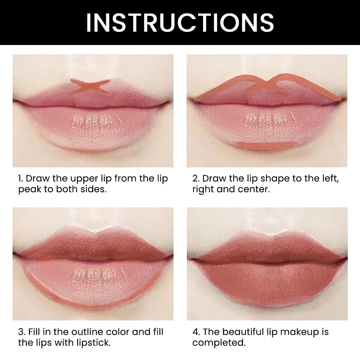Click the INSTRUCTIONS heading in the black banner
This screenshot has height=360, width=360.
click(x=180, y=22)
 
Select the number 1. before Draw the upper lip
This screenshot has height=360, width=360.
click(x=21, y=179)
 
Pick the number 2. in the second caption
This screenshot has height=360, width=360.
click(x=196, y=179)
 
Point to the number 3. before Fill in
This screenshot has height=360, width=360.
click(x=21, y=332)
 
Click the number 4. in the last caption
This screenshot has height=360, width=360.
click(x=196, y=332)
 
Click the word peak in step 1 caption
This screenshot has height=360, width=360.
click(x=30, y=190)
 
